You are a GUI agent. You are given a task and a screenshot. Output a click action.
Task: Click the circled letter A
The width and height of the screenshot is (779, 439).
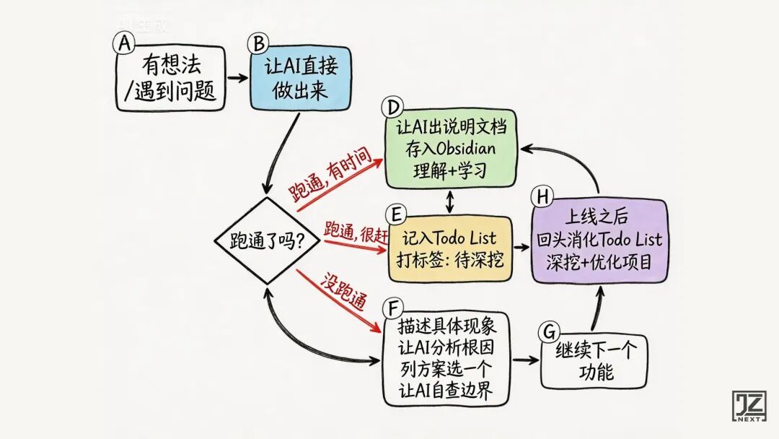pyautogui.click(x=125, y=43)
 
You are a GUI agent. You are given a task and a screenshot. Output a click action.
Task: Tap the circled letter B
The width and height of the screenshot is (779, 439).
pyautogui.click(x=257, y=43)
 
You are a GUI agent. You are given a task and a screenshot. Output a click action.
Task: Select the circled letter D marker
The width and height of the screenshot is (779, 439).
pyautogui.click(x=392, y=108)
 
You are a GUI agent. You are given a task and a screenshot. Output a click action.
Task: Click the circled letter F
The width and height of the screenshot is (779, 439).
pyautogui.click(x=392, y=309)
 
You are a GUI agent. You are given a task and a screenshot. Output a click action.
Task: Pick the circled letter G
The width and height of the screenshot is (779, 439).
pyautogui.click(x=549, y=331)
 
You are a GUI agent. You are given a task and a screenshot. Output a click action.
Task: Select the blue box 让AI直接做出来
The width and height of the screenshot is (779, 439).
pyautogui.click(x=299, y=79)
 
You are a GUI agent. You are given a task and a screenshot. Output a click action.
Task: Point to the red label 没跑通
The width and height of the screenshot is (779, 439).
pyautogui.click(x=340, y=292)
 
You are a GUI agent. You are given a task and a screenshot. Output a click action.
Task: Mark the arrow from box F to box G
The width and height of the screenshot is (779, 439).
pyautogui.click(x=525, y=359)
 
